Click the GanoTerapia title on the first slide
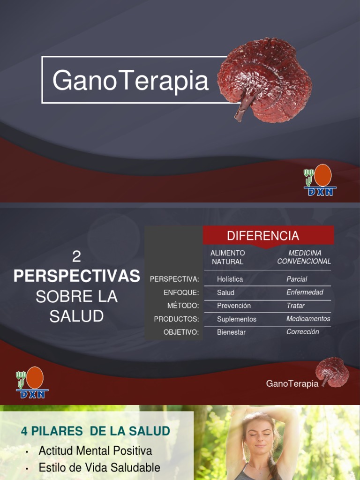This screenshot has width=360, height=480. (x=130, y=80)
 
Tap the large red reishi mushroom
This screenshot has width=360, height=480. (x=265, y=80)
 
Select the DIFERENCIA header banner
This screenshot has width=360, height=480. (x=263, y=235)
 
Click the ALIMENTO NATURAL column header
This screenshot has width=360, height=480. (x=228, y=257)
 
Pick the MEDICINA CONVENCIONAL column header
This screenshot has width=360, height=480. (x=304, y=257)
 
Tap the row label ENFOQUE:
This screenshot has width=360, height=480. (x=181, y=292)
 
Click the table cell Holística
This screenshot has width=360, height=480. (x=230, y=279)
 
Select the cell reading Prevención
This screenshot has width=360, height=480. (x=234, y=306)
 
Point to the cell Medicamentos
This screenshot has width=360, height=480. (x=308, y=319)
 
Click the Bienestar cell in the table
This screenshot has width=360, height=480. (x=231, y=332)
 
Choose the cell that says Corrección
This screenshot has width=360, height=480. (x=302, y=332)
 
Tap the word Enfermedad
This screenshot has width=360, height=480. (x=305, y=292)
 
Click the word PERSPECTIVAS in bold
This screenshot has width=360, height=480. (x=77, y=277)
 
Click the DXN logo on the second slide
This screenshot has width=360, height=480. (x=32, y=382)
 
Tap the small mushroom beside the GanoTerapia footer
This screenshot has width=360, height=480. (x=332, y=372)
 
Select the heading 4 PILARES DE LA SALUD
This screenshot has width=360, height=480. (x=95, y=431)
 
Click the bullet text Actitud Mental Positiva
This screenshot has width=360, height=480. (x=95, y=451)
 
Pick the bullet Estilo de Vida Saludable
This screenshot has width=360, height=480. (x=99, y=467)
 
